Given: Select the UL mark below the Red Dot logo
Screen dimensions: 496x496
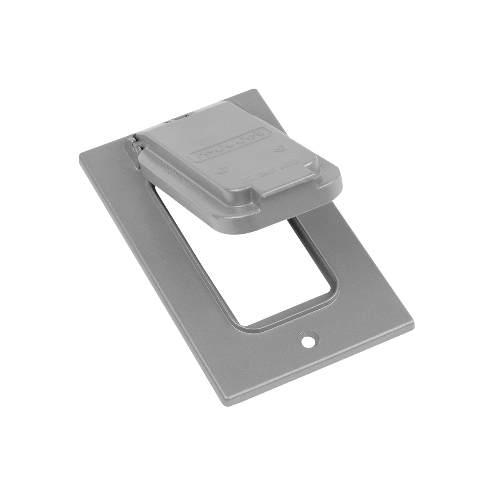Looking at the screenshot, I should (220, 172).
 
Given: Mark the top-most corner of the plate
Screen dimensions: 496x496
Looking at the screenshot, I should (254, 90).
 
